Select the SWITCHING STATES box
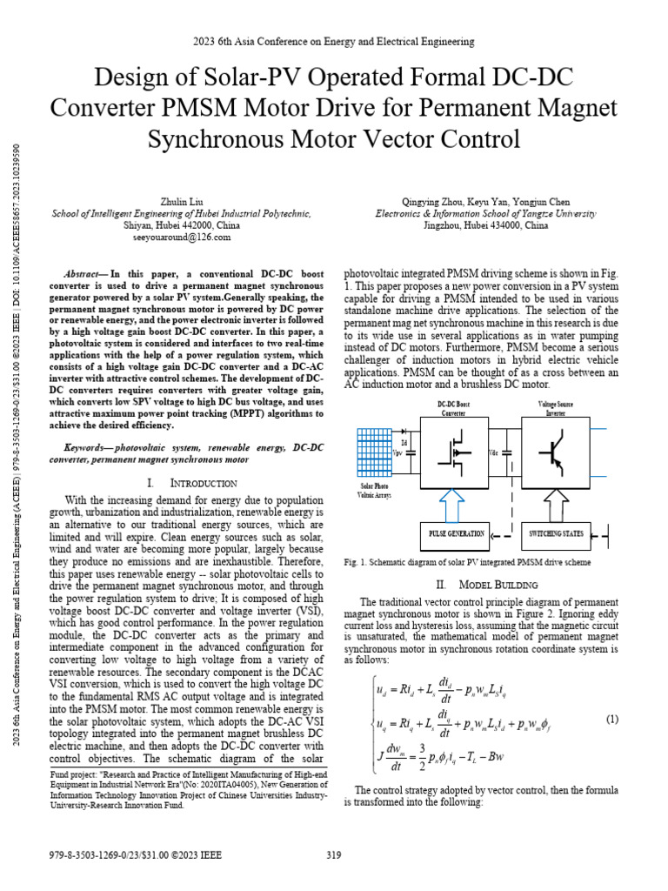556,533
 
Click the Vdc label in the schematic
494,452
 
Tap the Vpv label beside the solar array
398,452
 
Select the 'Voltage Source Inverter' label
555,408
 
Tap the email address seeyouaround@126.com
182,237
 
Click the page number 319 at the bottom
334,855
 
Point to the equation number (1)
611,694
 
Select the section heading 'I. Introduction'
187,483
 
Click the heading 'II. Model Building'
481,584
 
